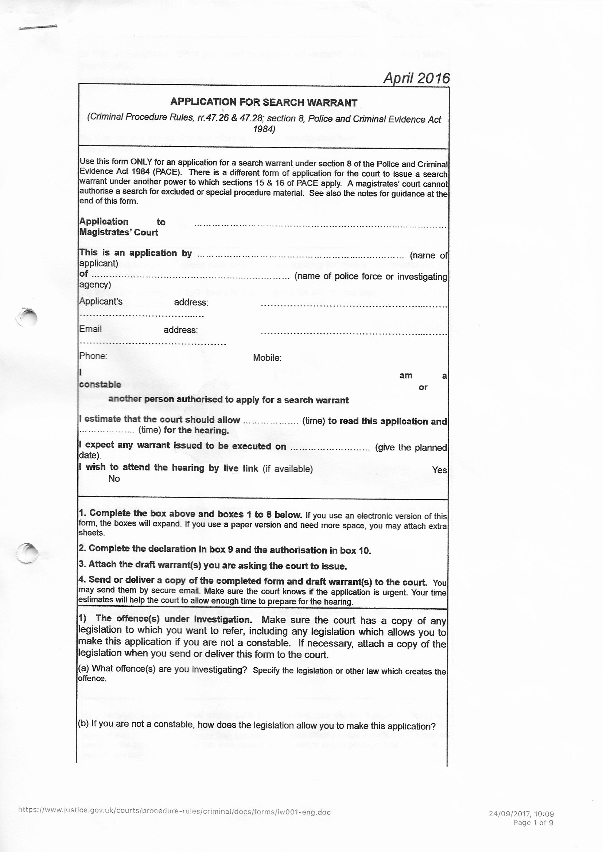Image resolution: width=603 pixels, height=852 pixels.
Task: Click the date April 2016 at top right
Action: click(x=416, y=78)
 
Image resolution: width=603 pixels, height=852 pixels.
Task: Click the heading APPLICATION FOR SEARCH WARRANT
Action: click(x=264, y=102)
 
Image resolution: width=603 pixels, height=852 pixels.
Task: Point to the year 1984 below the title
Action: click(x=264, y=129)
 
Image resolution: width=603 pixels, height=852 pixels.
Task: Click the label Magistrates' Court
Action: click(x=119, y=232)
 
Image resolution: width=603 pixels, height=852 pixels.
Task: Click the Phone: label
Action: click(x=93, y=356)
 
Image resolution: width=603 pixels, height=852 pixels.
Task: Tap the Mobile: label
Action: click(x=267, y=358)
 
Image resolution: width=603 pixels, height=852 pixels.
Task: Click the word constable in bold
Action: click(x=100, y=384)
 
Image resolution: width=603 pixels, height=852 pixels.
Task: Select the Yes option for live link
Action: click(x=439, y=470)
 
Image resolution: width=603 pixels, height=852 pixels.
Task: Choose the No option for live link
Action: click(x=114, y=479)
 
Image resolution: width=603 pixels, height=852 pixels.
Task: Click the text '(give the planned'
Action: click(x=411, y=448)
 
